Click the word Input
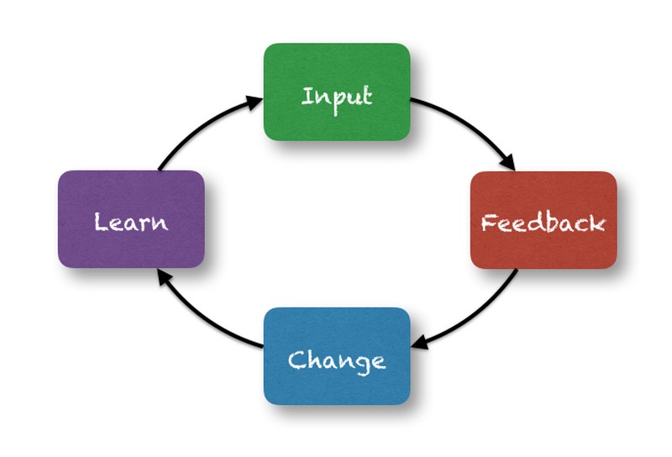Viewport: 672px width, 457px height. coord(337,96)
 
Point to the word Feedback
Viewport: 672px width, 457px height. coord(543,223)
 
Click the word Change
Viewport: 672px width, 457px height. coord(337,360)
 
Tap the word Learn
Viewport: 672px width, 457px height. coord(131,223)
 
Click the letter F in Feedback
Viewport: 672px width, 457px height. coord(488,223)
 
